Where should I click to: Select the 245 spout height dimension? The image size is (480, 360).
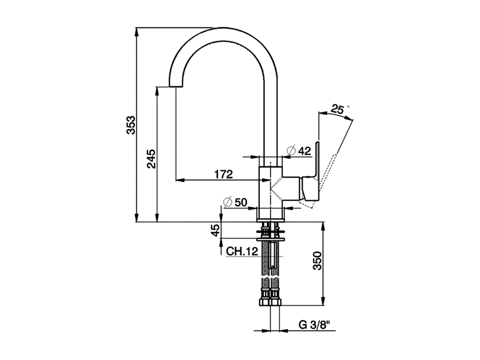[151, 159]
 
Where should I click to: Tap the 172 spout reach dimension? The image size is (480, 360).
[223, 174]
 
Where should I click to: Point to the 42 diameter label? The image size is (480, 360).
[304, 151]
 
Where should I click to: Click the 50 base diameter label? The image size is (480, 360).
[241, 202]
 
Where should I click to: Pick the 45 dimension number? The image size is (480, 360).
[215, 230]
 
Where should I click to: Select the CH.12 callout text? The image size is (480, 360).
[242, 251]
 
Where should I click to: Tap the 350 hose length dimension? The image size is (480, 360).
[318, 261]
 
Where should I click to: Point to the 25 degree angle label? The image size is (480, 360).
[337, 109]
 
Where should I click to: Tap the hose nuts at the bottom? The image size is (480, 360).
[270, 302]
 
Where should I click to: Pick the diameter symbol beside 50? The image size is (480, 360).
[228, 202]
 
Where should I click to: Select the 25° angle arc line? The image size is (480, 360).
[337, 116]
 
